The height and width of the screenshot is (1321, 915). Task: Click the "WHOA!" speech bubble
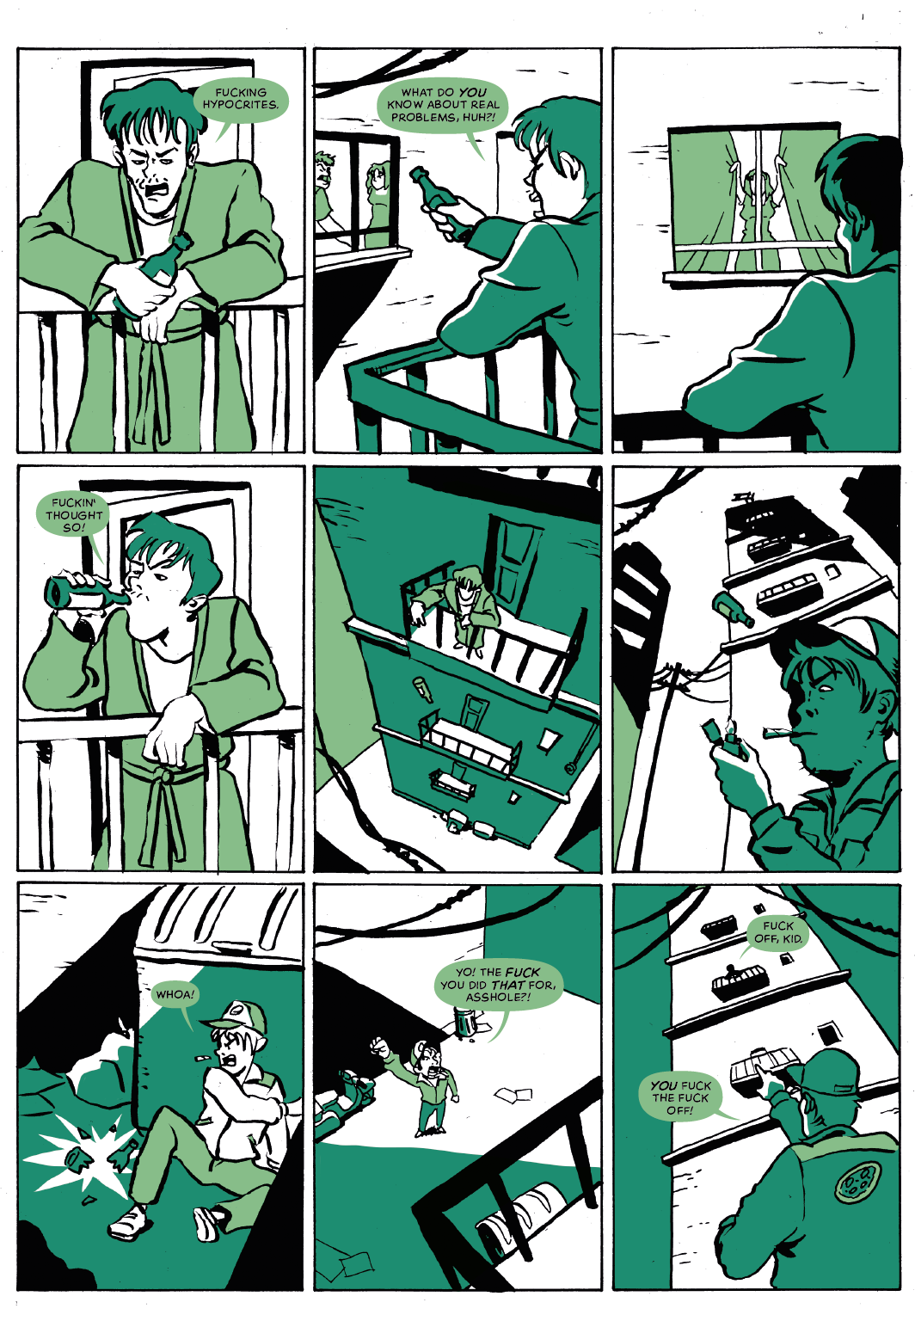175,994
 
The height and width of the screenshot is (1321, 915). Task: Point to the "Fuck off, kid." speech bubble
777,931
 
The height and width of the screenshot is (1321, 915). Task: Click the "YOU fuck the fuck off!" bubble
681,1097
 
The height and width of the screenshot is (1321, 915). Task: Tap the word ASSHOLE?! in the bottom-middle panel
498,998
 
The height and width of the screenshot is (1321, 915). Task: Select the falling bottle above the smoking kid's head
733,610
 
